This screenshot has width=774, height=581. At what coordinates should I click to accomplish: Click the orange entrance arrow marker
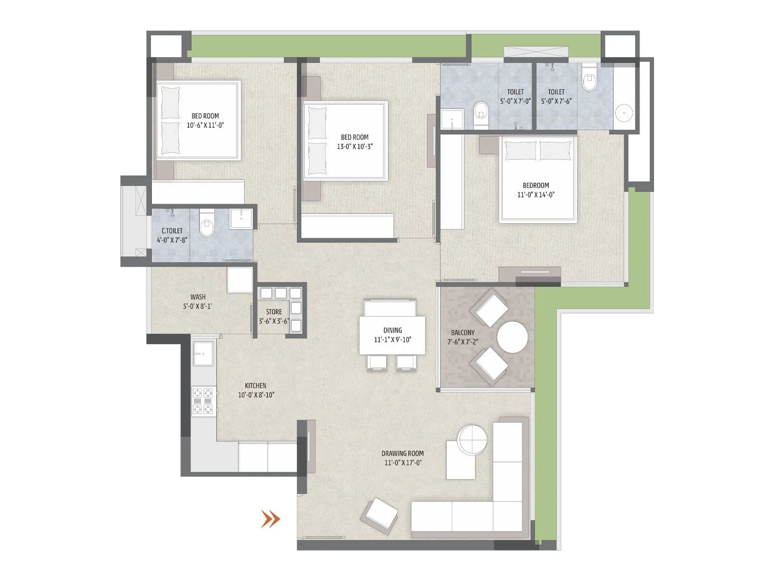[x=270, y=519]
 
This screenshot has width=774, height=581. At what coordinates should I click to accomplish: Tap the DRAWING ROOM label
[x=402, y=454]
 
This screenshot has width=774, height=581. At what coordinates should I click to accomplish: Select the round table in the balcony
[x=512, y=337]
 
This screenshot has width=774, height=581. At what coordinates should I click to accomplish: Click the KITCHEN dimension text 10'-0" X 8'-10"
[x=256, y=395]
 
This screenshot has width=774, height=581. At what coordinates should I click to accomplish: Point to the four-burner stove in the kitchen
[x=203, y=401]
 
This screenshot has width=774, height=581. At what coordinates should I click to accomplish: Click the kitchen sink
[x=203, y=353]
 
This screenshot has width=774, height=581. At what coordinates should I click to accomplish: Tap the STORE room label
[x=274, y=312]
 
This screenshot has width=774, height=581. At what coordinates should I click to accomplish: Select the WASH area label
[x=197, y=297]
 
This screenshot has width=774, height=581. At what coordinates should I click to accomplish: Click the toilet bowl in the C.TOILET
[x=207, y=226]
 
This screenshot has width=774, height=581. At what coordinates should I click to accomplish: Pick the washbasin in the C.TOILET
[x=240, y=218]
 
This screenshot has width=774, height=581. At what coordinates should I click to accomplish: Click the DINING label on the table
[x=392, y=330]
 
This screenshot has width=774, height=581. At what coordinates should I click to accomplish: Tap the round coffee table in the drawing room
[x=472, y=440]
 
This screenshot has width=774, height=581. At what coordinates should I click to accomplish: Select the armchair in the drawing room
[x=380, y=517]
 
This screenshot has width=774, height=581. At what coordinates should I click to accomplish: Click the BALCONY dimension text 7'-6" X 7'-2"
[x=463, y=342]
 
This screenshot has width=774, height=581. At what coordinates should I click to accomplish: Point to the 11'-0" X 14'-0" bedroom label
[x=536, y=195]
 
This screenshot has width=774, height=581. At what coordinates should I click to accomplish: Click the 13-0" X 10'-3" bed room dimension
[x=355, y=147]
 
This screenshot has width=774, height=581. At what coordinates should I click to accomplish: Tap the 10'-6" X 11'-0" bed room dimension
[x=205, y=125]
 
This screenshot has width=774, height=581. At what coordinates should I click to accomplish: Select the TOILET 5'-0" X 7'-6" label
[x=556, y=101]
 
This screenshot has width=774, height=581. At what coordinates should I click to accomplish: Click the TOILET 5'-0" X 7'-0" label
[x=515, y=101]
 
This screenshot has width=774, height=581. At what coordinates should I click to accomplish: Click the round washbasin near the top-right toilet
[x=624, y=113]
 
